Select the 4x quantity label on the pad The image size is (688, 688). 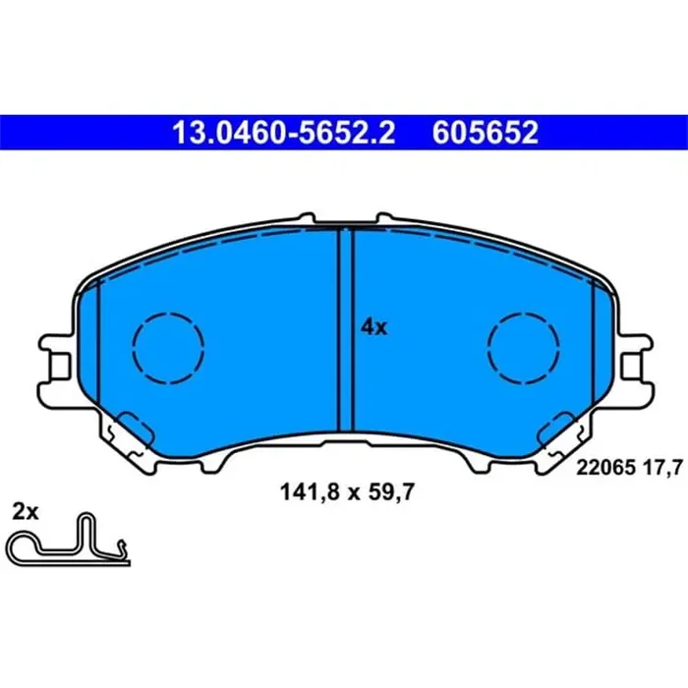(x=373, y=328)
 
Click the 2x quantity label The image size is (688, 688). (x=25, y=511)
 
